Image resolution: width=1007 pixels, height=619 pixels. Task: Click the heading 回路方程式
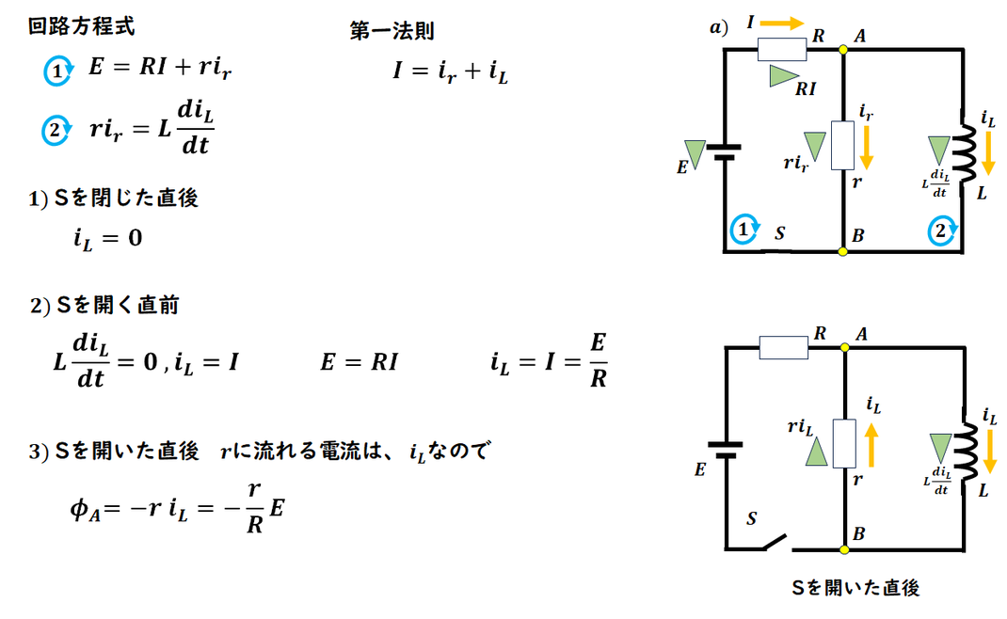(x=82, y=26)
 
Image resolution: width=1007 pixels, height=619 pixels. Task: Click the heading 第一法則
(x=392, y=30)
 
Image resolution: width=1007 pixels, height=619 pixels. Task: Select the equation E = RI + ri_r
(x=160, y=68)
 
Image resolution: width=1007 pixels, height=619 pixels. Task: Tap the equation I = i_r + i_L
(x=450, y=71)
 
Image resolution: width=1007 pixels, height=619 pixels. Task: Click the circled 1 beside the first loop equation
(x=57, y=71)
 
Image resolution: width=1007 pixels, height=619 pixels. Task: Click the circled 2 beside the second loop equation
(x=56, y=131)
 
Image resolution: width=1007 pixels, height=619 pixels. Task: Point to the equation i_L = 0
(x=107, y=238)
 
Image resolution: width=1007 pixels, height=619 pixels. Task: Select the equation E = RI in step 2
(x=359, y=362)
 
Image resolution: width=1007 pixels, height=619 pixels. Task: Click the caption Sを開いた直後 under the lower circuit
(x=855, y=587)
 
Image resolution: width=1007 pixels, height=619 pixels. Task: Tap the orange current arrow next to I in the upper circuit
(x=782, y=24)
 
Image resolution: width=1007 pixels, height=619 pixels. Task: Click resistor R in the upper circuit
(x=782, y=50)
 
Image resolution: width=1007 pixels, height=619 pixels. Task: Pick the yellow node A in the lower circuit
(x=844, y=347)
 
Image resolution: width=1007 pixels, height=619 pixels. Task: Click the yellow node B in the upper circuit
(x=842, y=252)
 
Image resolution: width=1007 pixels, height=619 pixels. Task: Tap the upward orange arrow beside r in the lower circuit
(x=871, y=445)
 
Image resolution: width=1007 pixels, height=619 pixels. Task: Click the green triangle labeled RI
(x=784, y=76)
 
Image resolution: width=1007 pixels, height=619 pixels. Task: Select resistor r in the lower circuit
(x=844, y=444)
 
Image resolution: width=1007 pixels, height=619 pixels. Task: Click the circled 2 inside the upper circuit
(x=941, y=230)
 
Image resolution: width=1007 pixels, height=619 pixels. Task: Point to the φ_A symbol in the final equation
(x=85, y=510)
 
